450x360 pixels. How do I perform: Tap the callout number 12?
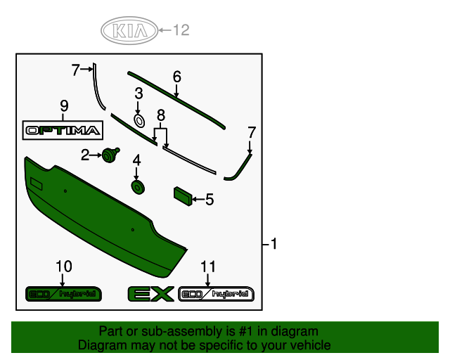[181, 30]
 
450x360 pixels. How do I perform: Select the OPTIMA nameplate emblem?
[63, 130]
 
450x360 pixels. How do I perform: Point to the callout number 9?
[64, 106]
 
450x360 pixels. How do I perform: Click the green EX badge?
[150, 294]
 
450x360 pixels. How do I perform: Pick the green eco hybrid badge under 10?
[64, 293]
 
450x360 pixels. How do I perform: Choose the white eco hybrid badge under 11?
[216, 294]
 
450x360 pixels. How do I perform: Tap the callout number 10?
[63, 266]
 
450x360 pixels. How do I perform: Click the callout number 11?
[207, 266]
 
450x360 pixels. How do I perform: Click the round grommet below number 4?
[136, 186]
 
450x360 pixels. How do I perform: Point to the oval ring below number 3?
[139, 121]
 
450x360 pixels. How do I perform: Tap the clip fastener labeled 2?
[110, 155]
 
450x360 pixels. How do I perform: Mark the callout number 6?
[176, 76]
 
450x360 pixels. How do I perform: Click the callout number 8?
[161, 115]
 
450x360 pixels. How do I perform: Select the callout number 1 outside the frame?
[274, 244]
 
